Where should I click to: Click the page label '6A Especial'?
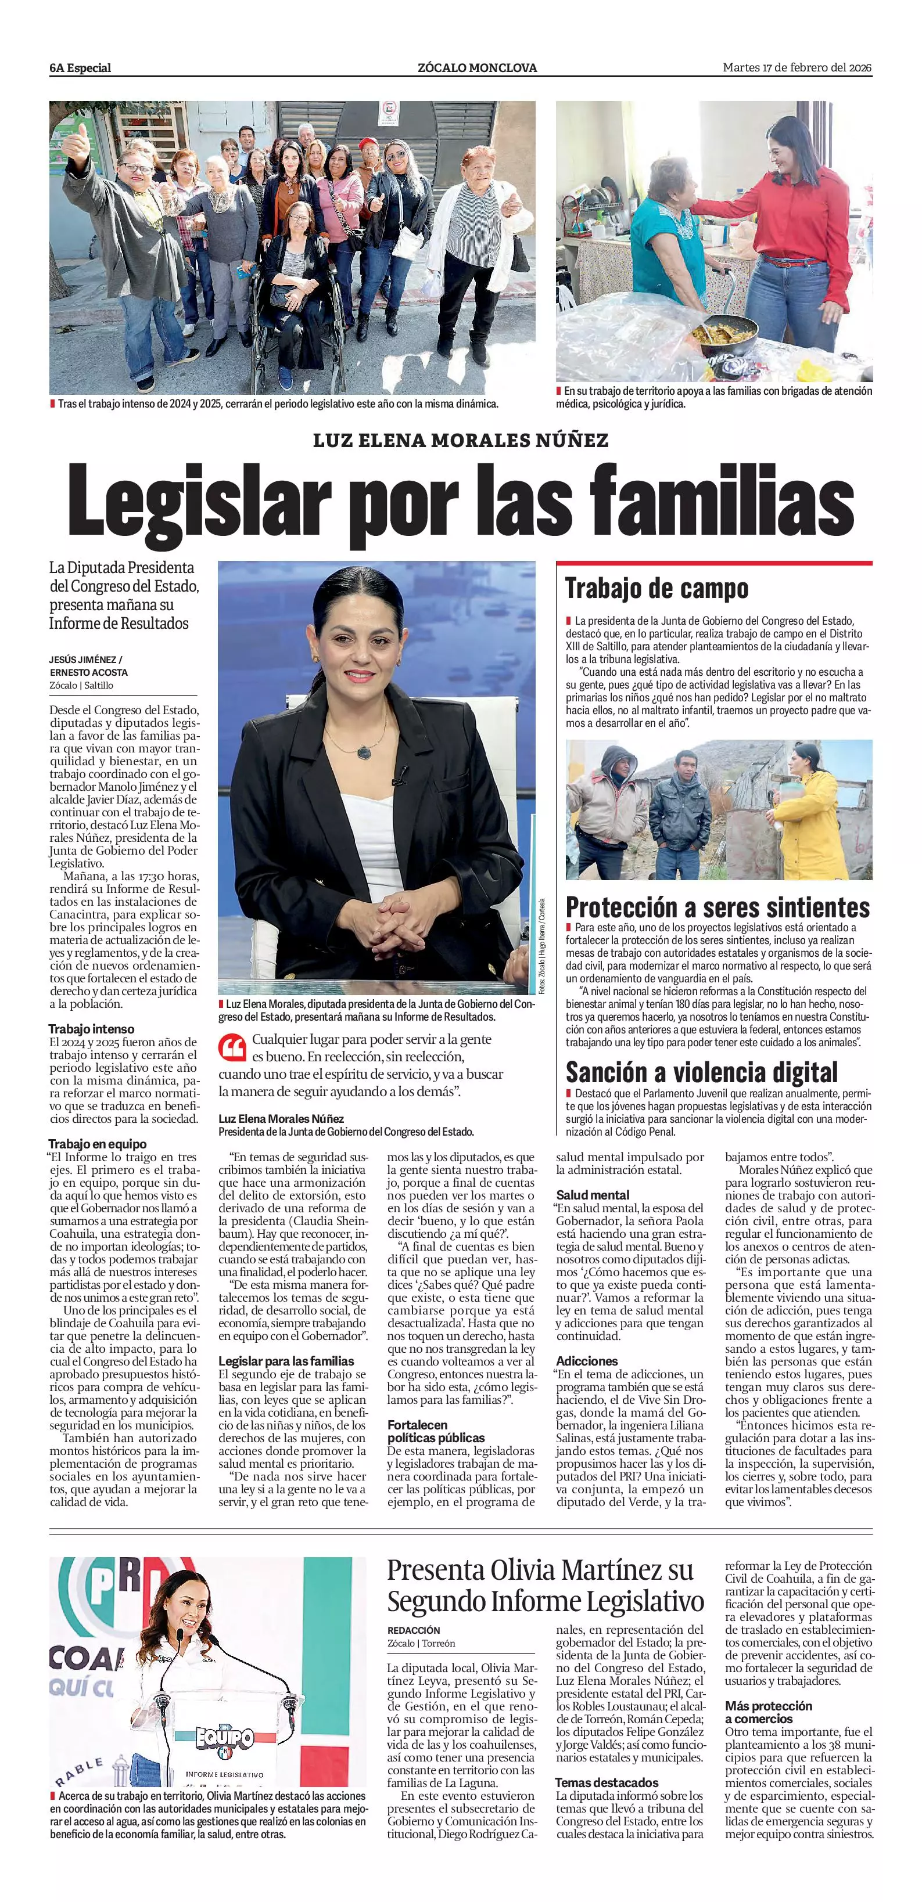tap(80, 68)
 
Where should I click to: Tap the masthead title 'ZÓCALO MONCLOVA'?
tap(477, 68)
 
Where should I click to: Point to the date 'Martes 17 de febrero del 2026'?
tap(797, 67)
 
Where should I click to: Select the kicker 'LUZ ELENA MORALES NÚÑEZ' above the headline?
tap(460, 440)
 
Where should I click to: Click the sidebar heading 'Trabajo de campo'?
tap(656, 589)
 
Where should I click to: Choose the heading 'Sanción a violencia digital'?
tap(702, 1071)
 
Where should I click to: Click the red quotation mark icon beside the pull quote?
tap(232, 1046)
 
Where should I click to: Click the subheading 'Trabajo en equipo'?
tap(98, 1144)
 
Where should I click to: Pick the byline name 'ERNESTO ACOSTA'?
tap(89, 673)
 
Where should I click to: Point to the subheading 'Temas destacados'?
tap(607, 1782)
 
